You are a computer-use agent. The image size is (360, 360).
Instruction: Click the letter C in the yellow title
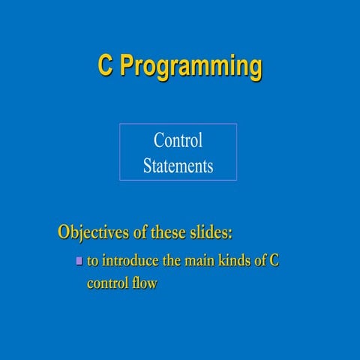pos(105,66)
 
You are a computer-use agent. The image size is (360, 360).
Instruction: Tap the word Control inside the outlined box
pos(178,140)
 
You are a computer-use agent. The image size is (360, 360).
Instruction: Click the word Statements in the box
pos(178,166)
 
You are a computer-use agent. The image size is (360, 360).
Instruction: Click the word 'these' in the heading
pos(173,231)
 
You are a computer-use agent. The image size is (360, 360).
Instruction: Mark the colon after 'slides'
pos(231,232)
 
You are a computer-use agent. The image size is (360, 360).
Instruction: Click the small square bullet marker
pos(79,261)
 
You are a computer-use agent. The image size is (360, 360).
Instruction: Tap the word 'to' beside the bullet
pos(93,261)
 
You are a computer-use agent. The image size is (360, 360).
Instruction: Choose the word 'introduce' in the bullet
pos(130,261)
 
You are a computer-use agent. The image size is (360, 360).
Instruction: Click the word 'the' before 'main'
pos(172,261)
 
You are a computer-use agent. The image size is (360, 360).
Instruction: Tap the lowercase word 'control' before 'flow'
pos(109,283)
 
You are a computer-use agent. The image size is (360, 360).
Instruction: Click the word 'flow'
pos(145,283)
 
